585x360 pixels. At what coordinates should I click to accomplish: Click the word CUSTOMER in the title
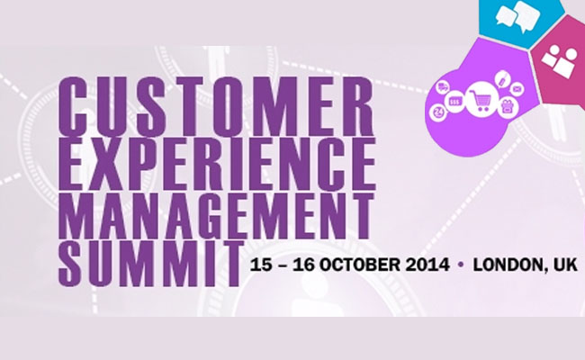[x=216, y=106]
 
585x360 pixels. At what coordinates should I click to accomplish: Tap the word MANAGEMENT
[x=216, y=216]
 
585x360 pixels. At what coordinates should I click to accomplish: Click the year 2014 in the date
[x=427, y=265]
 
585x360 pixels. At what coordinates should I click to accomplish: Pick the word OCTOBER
[x=360, y=265]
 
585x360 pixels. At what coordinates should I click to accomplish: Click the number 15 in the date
[x=261, y=265]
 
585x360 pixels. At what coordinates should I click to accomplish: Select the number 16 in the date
[x=304, y=265]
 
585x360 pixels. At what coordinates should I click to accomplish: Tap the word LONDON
[x=509, y=265]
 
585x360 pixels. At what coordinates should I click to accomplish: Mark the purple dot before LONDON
[x=461, y=265]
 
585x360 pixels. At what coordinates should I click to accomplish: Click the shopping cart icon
[x=481, y=99]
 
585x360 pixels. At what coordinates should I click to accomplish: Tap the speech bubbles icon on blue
[x=517, y=16]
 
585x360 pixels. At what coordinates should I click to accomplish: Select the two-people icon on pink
[x=560, y=61]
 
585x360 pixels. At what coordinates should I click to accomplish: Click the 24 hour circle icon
[x=439, y=112]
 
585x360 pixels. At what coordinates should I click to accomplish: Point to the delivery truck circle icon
[x=443, y=88]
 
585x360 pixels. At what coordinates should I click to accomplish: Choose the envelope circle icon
[x=517, y=89]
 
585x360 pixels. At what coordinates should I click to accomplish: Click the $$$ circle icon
[x=454, y=102]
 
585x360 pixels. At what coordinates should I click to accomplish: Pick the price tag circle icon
[x=502, y=79]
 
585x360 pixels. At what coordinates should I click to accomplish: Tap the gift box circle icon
[x=508, y=107]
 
